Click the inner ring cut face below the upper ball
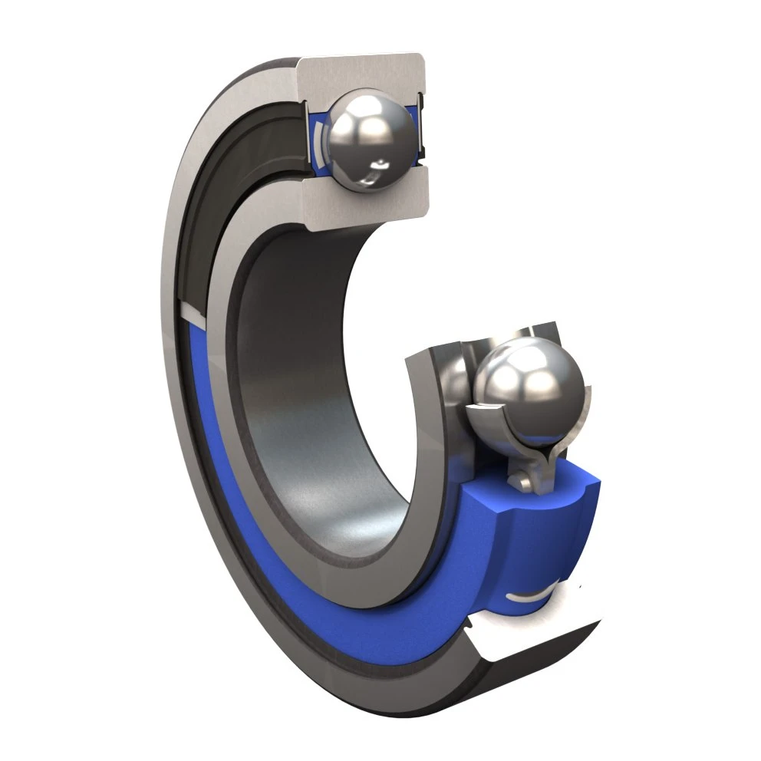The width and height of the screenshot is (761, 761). click(368, 206)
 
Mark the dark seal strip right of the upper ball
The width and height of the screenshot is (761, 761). click(420, 130)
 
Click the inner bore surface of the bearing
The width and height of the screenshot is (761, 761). click(307, 407)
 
